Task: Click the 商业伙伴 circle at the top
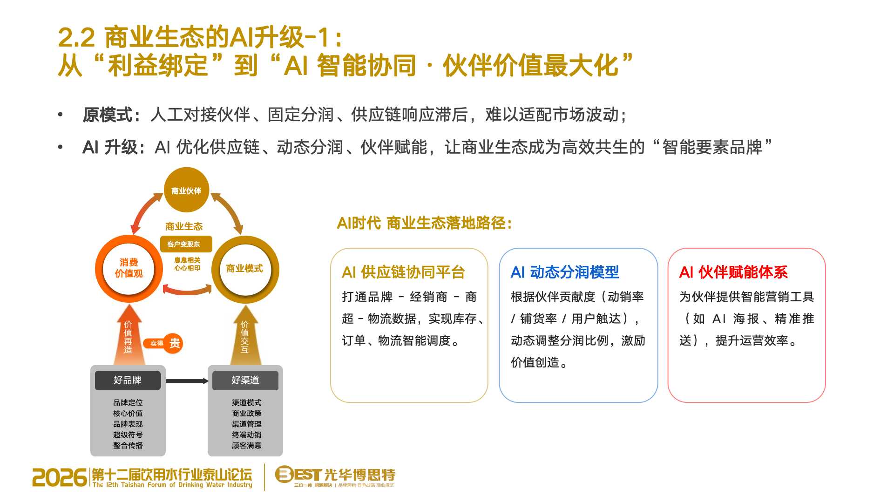click(186, 190)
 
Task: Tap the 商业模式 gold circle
click(245, 269)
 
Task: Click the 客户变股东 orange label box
click(186, 244)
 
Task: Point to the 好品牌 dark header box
click(128, 380)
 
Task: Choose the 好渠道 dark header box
click(245, 380)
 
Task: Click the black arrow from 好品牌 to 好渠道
click(187, 381)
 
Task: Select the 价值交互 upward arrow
click(245, 335)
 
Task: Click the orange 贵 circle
click(174, 344)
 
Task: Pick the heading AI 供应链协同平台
click(403, 272)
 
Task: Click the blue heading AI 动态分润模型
click(565, 272)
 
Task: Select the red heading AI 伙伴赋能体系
click(733, 272)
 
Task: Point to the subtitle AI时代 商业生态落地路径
click(424, 223)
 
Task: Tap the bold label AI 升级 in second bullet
click(110, 147)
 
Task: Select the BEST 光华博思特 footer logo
click(335, 476)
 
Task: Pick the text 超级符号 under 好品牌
click(128, 435)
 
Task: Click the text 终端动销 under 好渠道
click(247, 435)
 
